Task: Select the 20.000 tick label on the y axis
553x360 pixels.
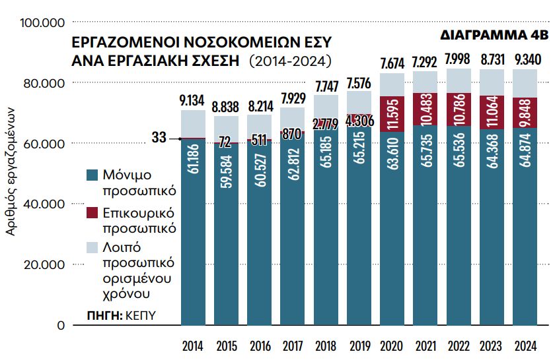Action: [44, 265]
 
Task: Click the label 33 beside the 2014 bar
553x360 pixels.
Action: [159, 138]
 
